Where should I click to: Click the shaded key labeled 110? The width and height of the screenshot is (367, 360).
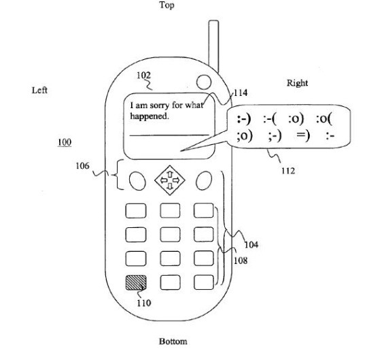click(x=136, y=282)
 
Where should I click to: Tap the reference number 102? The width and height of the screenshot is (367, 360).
click(x=143, y=76)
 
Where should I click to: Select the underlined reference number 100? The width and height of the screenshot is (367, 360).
click(x=65, y=142)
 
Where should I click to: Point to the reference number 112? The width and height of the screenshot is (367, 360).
click(x=288, y=171)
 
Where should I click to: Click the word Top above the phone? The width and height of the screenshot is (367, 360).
click(x=167, y=5)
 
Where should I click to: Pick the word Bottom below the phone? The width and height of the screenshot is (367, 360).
click(x=173, y=341)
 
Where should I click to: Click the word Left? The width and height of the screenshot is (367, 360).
click(x=39, y=90)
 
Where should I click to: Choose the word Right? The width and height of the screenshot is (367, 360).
click(x=297, y=83)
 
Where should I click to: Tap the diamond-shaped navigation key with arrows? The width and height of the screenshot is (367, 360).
click(x=170, y=180)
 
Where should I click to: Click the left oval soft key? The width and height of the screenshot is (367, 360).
click(x=137, y=181)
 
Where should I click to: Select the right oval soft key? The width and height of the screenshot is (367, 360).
click(x=204, y=180)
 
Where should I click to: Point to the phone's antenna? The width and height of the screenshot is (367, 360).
click(x=213, y=46)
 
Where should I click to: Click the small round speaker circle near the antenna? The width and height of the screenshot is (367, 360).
click(x=204, y=82)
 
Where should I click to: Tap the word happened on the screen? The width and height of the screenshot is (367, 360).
click(x=150, y=116)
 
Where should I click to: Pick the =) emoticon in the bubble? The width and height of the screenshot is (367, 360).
click(x=303, y=135)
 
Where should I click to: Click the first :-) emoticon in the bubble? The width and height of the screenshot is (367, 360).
click(x=244, y=119)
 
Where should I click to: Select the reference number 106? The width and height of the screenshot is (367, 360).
click(x=82, y=166)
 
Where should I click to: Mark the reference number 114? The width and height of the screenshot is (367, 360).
click(x=241, y=93)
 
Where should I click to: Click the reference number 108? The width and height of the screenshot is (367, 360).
click(x=241, y=261)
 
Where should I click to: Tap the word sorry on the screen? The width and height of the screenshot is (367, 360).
click(x=160, y=105)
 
